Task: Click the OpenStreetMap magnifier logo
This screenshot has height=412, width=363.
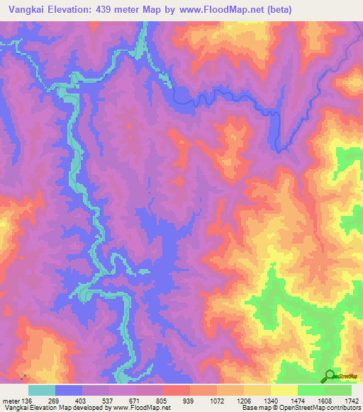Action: [330, 376]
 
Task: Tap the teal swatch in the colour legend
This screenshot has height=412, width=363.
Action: [42, 390]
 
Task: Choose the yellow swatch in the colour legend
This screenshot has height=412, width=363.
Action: [284, 390]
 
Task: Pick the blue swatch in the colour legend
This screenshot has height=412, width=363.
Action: [69, 390]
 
